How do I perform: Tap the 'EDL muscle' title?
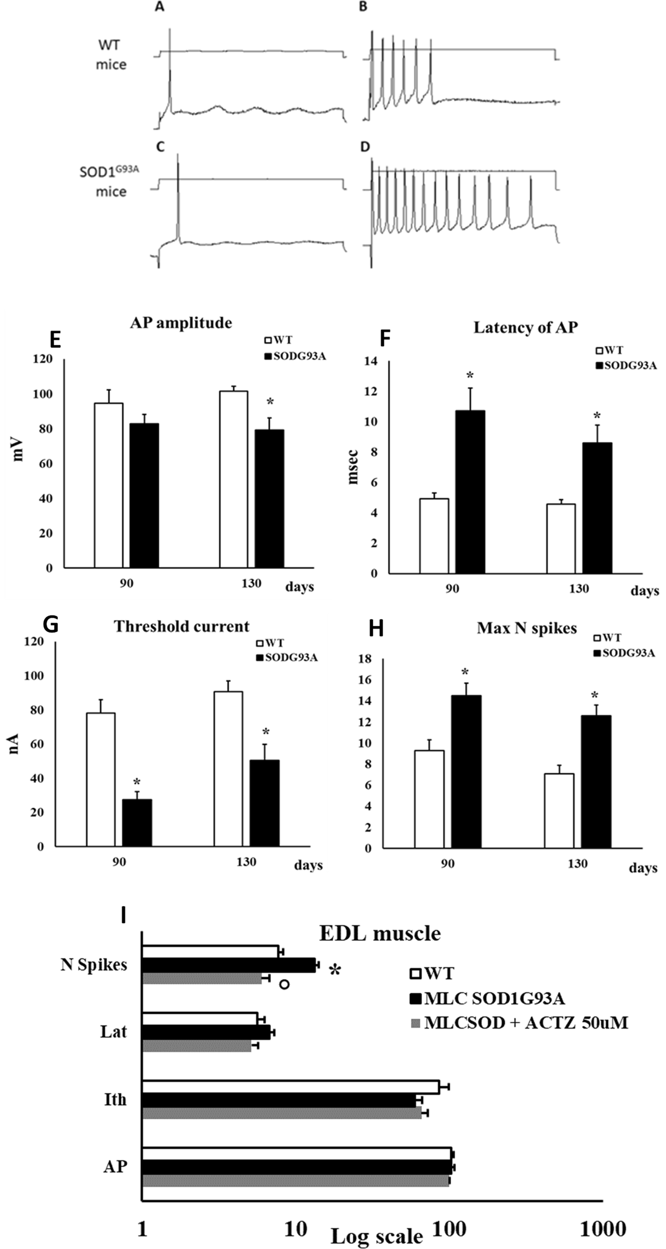tap(379, 933)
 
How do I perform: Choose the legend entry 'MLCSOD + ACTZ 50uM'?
tap(519, 1023)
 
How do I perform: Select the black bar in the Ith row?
tap(279, 1100)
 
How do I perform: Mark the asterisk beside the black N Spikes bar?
tap(335, 971)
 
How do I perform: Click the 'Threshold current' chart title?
tap(182, 626)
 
